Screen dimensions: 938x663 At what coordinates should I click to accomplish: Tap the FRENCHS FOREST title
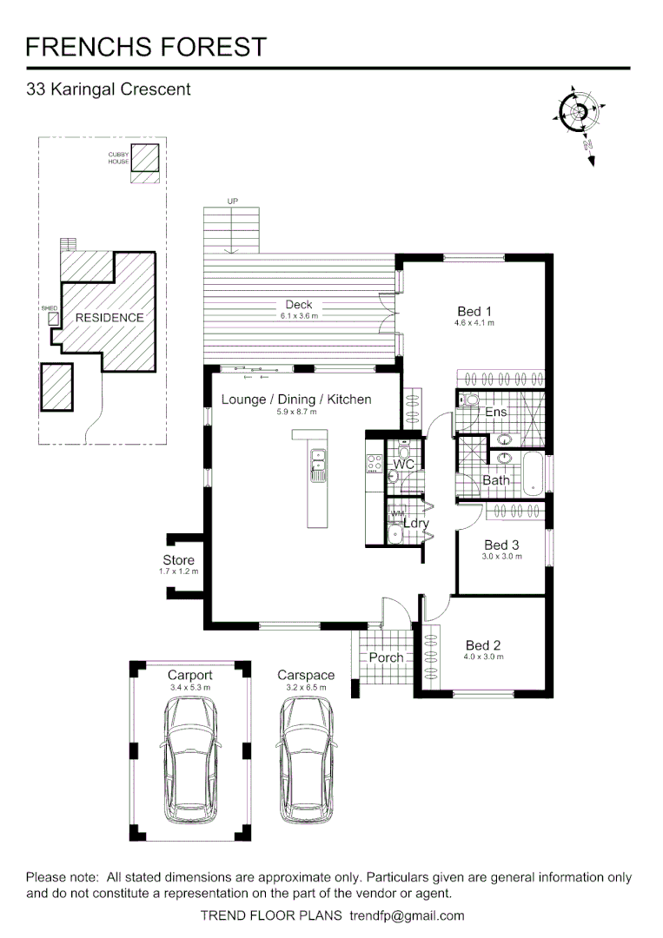point(146,46)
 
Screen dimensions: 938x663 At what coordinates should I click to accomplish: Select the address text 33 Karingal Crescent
point(109,89)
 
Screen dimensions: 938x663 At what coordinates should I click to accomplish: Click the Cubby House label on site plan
point(118,157)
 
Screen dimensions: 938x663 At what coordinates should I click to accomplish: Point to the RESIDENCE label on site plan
point(109,318)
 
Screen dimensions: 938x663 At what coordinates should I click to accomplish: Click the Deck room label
point(299,305)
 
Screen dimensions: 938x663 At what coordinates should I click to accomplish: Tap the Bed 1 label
point(474,312)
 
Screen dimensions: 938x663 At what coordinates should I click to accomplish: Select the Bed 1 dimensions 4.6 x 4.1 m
point(474,323)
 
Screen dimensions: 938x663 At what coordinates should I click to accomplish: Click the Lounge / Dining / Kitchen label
point(296,400)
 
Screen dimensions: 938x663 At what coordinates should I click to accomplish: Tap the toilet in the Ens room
point(469,400)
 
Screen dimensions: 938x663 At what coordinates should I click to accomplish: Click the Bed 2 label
point(483,645)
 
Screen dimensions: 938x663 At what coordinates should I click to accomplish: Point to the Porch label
point(386,657)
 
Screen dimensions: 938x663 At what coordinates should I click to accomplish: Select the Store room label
point(178,560)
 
